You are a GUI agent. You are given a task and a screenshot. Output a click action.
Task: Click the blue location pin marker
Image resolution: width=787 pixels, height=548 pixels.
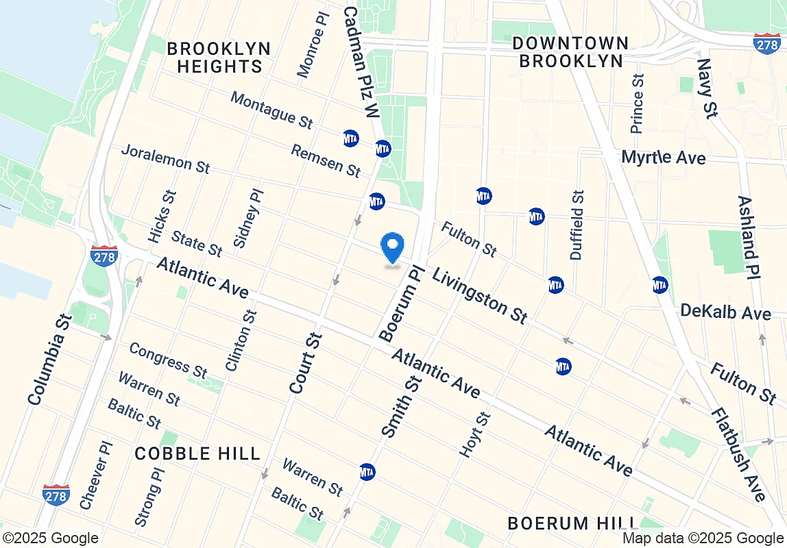point(392,248)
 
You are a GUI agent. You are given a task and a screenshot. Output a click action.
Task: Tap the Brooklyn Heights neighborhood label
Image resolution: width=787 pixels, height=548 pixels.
point(219,58)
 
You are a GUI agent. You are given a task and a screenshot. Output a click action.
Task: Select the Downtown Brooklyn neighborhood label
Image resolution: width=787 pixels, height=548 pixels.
point(570,51)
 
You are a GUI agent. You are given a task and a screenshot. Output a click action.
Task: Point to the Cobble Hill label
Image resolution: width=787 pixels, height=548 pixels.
point(197,453)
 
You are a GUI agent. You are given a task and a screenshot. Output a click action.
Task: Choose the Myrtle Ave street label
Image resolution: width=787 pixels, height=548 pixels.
point(663,158)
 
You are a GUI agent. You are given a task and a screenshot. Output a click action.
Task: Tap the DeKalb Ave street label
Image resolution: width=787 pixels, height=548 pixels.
point(725,312)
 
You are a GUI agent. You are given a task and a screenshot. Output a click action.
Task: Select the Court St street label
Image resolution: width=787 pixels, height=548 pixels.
point(306,363)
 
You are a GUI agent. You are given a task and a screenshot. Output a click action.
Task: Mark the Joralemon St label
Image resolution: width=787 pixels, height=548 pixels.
point(165,158)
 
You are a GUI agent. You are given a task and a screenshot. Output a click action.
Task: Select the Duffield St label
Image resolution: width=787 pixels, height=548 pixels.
point(577,225)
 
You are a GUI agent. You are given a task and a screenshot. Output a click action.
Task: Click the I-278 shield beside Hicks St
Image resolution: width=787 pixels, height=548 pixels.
point(104,256)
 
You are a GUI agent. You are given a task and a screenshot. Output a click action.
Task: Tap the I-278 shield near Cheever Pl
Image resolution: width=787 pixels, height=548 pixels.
point(56,495)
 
